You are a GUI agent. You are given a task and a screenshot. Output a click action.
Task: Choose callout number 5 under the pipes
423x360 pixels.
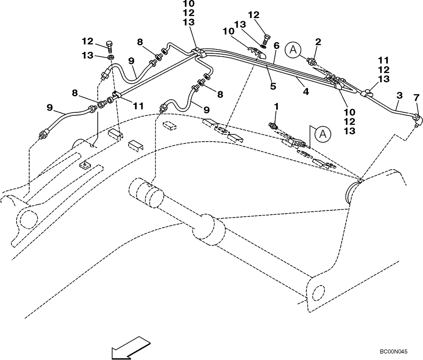coord(273,86)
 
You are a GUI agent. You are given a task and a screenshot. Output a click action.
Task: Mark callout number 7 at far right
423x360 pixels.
coord(417,98)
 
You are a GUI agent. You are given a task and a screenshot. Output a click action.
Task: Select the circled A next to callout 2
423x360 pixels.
coord(292,50)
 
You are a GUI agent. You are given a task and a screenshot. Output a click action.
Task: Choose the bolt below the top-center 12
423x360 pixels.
coord(265,41)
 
